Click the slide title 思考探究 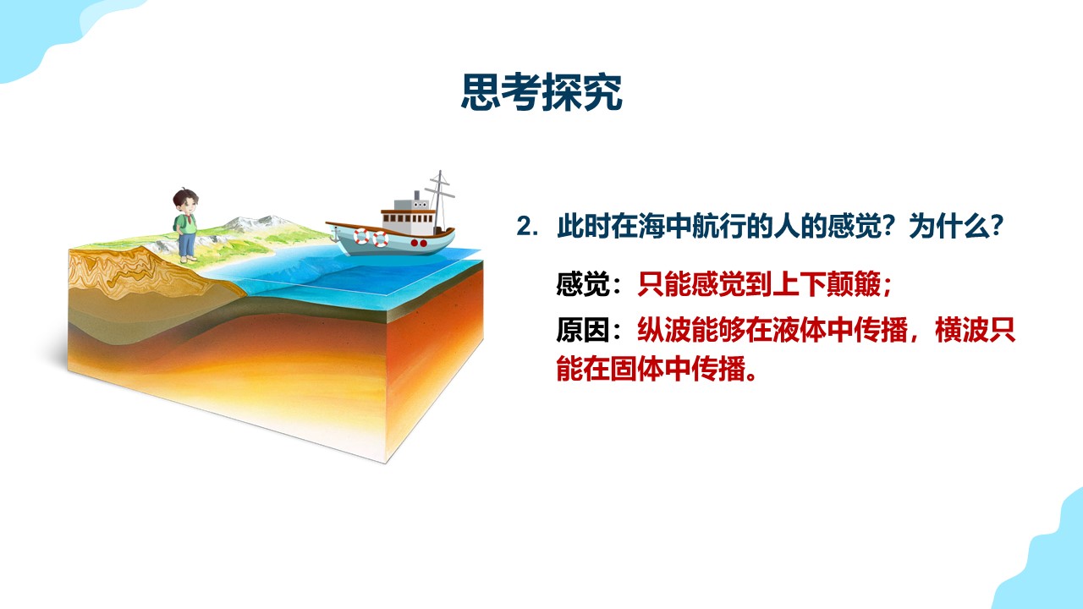coord(541,92)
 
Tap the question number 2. coord(527,226)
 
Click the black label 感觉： coord(588,283)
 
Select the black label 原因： coord(588,330)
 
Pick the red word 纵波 coord(664,330)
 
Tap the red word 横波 coord(962,330)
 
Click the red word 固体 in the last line coord(637,369)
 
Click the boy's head coord(185,200)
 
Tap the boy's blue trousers coord(187,244)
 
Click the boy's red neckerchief coord(188,218)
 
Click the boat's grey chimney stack coord(417,195)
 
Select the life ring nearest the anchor coord(361,237)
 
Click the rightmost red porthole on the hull coord(424,243)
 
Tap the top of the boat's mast coord(440,171)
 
